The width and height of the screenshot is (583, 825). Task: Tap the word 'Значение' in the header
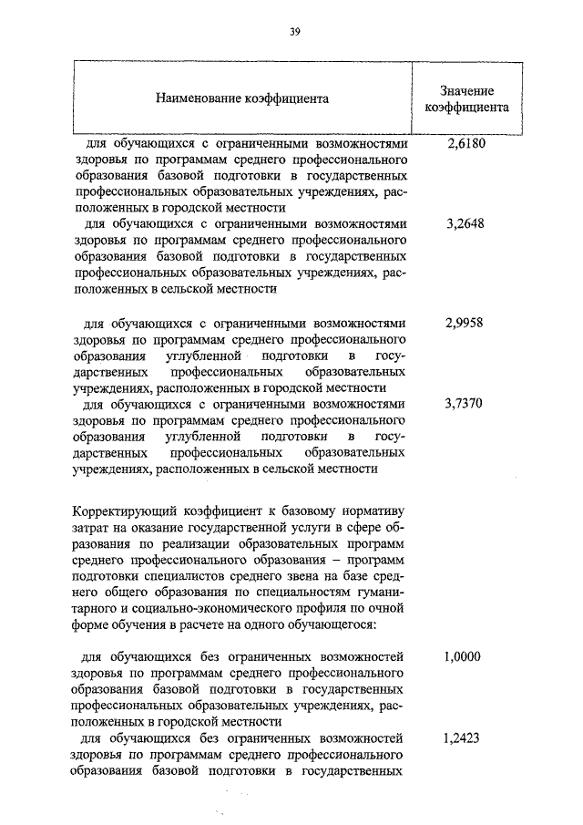click(x=466, y=90)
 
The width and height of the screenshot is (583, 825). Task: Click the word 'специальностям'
click(x=297, y=593)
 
